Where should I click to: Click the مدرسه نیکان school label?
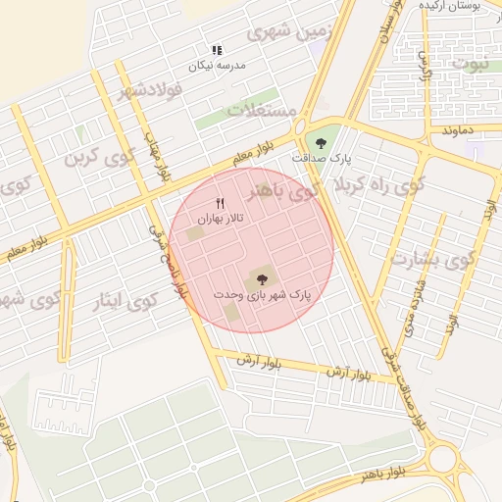tap(217, 65)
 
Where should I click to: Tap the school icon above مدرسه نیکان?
tap(217, 49)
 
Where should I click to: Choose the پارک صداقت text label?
tap(322, 158)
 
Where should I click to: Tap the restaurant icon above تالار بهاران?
tap(220, 203)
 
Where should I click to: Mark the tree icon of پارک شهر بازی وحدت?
tap(260, 279)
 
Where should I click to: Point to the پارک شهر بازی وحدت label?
tap(262, 294)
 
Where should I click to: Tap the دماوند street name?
tap(458, 128)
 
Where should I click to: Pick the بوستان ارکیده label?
tap(448, 6)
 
